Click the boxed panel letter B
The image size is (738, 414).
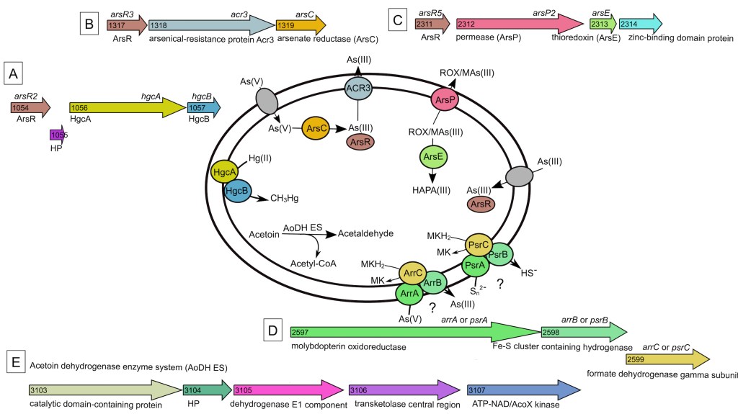click(x=89, y=24)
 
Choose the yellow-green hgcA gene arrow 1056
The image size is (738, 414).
click(x=127, y=107)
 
